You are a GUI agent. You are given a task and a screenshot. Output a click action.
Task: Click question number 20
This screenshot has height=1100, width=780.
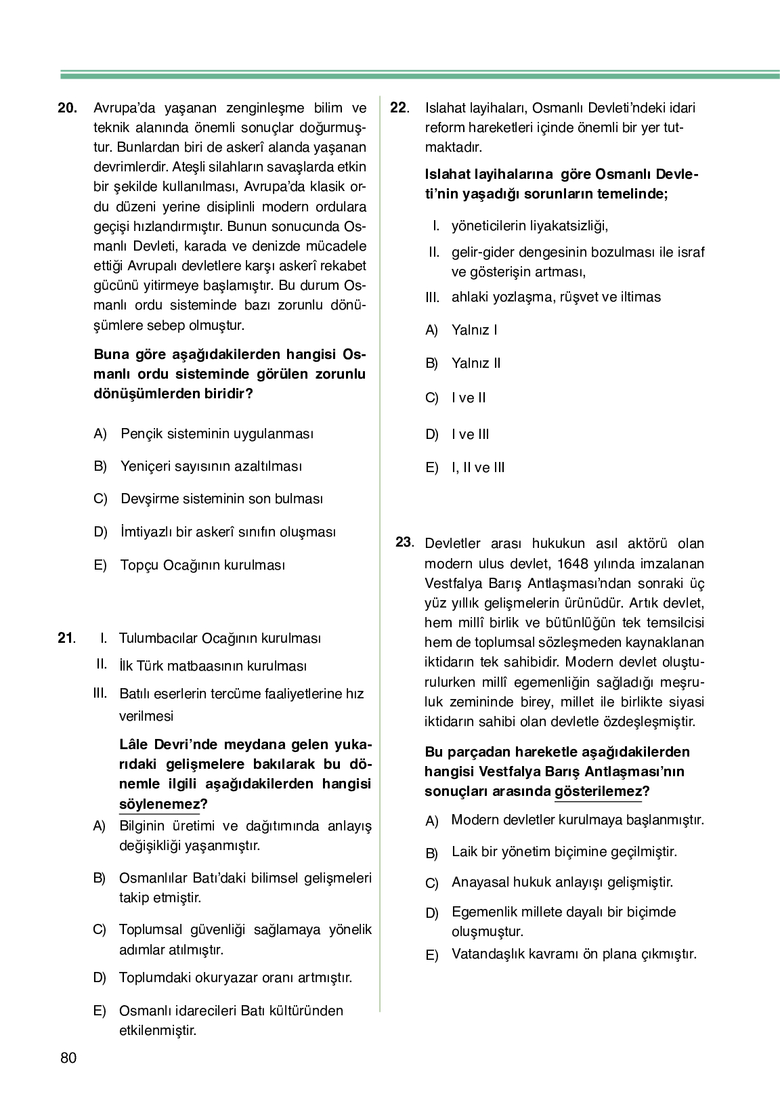tap(68, 108)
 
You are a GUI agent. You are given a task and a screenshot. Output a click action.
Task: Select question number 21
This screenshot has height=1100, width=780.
tap(66, 638)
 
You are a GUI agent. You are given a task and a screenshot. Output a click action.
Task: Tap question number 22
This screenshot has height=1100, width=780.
tap(399, 108)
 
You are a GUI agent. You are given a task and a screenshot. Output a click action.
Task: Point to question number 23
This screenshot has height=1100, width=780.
tap(404, 543)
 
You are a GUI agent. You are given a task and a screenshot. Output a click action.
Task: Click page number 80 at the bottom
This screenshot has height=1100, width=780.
tap(68, 1058)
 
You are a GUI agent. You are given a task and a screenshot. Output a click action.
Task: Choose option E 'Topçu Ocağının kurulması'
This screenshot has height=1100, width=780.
tap(202, 565)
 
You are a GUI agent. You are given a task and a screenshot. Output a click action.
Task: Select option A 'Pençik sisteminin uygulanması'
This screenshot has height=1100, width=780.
tap(217, 433)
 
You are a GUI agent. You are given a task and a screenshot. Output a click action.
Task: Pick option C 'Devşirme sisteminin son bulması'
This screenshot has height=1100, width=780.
tap(221, 499)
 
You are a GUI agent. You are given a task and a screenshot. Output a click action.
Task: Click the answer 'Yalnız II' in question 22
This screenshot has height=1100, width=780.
tap(476, 363)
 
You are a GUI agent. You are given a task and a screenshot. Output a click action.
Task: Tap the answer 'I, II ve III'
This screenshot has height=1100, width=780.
tap(478, 467)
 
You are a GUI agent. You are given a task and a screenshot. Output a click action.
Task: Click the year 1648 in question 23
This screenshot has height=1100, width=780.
tap(574, 564)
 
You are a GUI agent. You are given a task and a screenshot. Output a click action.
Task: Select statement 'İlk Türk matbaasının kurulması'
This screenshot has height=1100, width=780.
tap(213, 667)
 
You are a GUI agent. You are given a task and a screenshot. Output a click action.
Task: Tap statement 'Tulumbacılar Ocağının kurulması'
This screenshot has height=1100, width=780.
tap(220, 638)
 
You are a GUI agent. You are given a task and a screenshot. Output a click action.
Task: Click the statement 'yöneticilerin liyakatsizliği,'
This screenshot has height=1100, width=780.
tap(529, 226)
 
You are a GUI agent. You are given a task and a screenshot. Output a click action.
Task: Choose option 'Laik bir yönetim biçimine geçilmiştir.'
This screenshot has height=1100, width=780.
tap(564, 852)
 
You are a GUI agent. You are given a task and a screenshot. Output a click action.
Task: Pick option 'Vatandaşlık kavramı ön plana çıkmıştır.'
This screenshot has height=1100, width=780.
tap(573, 954)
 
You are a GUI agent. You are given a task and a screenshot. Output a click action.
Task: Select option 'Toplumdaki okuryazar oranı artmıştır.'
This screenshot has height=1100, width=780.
tap(236, 977)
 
